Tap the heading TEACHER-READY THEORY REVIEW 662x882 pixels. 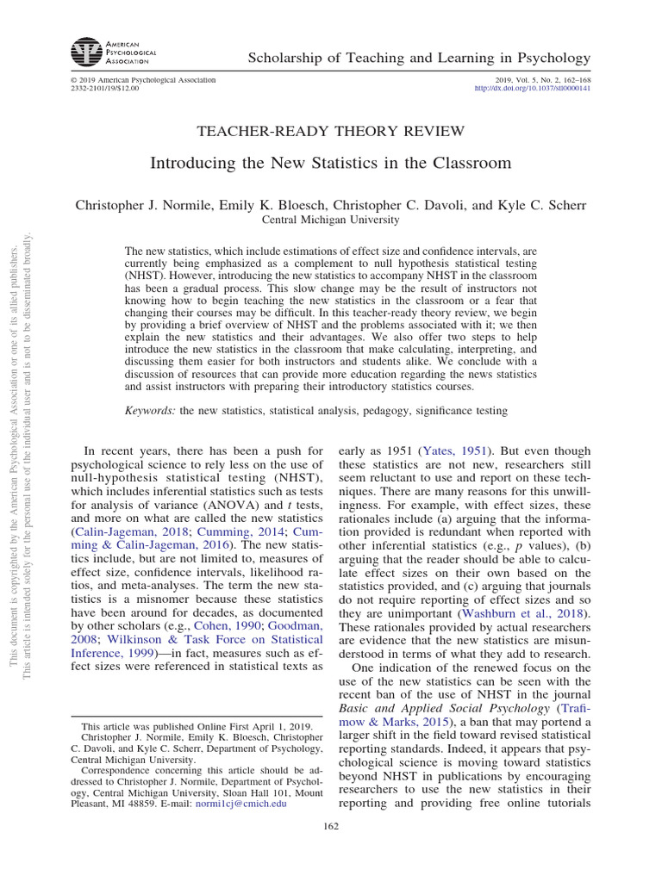(331, 131)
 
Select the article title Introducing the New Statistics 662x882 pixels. (331, 163)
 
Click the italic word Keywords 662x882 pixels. (151, 412)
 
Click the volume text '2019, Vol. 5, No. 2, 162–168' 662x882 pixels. (539, 79)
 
